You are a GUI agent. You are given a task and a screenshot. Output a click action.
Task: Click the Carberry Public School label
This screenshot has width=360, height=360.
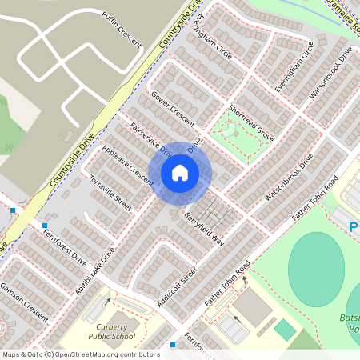click(117, 331)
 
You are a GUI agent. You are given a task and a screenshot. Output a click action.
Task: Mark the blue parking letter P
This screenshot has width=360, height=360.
click(354, 228)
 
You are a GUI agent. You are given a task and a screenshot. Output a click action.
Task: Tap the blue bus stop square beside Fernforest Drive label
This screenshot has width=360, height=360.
click(45, 226)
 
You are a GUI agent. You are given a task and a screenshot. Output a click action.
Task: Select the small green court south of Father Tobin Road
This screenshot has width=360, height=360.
click(284, 328)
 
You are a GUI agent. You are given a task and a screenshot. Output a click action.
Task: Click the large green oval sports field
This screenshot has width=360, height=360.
click(315, 267)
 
